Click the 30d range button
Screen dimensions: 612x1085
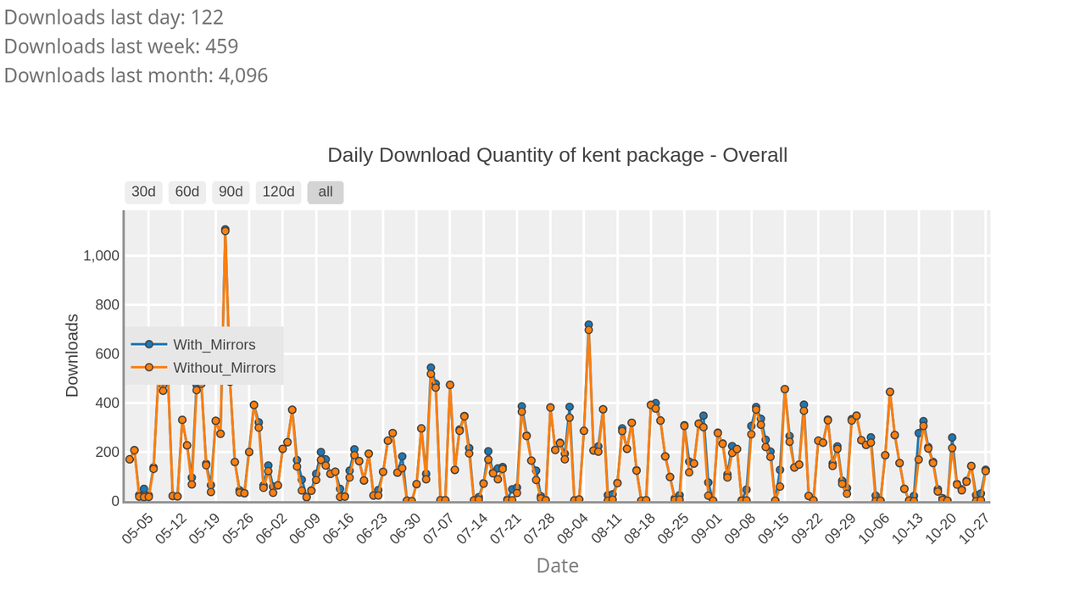[143, 192]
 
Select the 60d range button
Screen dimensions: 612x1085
[187, 192]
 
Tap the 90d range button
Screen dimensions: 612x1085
[231, 192]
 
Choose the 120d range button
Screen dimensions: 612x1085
[278, 192]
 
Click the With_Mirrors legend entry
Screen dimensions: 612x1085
[214, 344]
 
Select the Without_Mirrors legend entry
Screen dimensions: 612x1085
[224, 368]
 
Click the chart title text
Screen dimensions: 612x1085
[557, 155]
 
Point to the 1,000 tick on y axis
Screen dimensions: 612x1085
[101, 256]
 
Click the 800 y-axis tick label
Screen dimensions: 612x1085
[106, 305]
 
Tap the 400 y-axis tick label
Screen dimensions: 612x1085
[106, 403]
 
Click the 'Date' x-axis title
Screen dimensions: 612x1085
[557, 565]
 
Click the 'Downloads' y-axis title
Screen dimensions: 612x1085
[72, 355]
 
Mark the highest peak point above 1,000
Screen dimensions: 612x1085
[225, 230]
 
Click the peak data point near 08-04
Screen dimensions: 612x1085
[588, 326]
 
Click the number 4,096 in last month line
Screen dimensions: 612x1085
[242, 75]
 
